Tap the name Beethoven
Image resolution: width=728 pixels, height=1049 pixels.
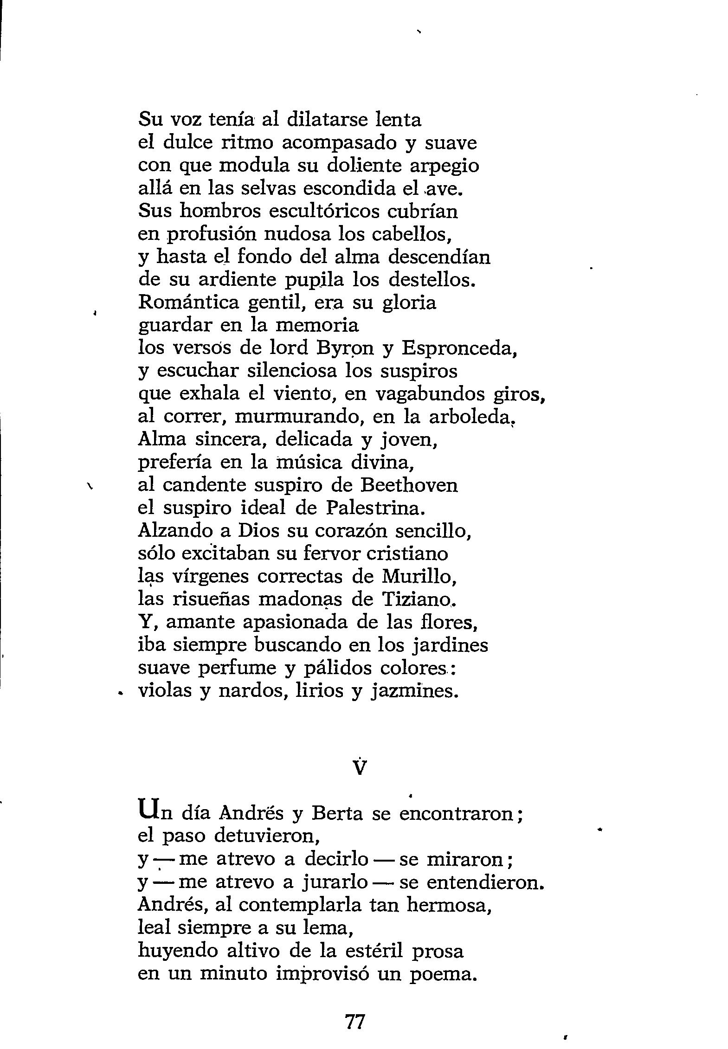point(409,485)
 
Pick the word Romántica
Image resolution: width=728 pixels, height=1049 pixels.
point(189,303)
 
